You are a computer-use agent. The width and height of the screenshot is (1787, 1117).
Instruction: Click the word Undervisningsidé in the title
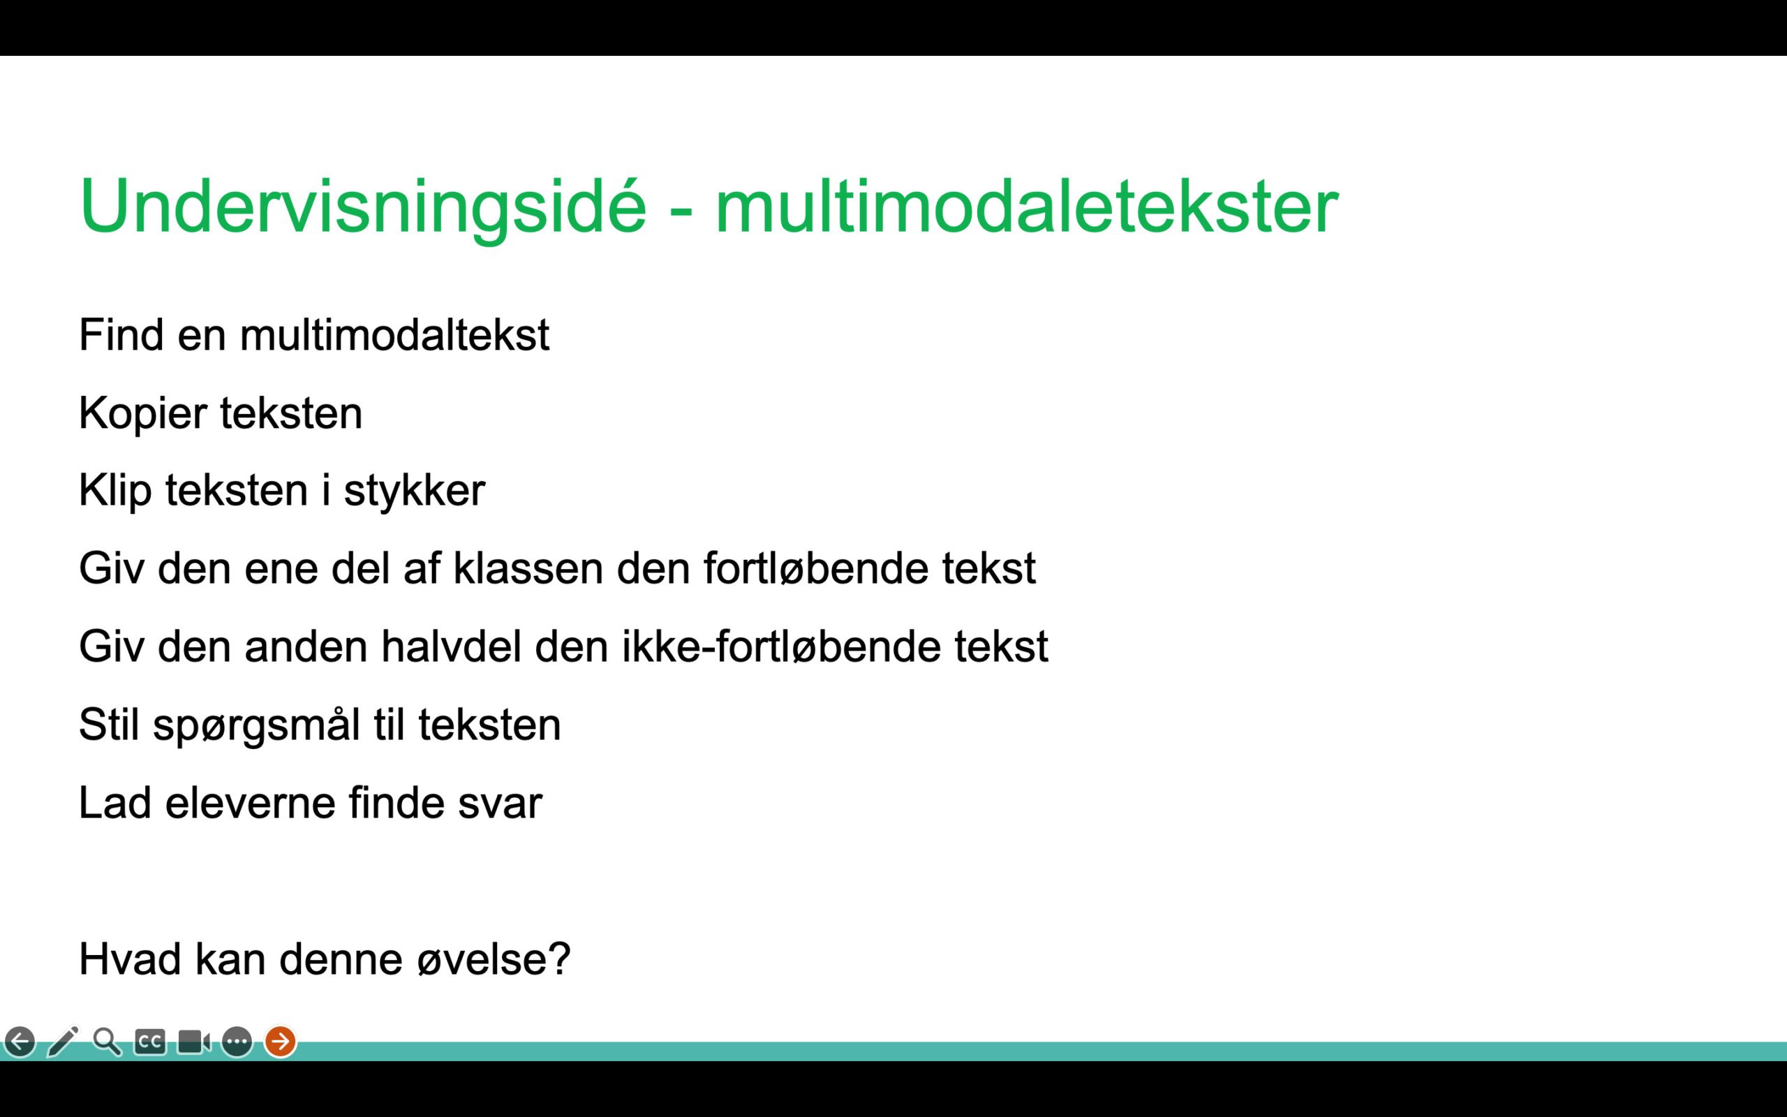click(x=362, y=207)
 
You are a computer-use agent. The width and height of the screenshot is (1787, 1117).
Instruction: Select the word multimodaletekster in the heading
click(x=1026, y=206)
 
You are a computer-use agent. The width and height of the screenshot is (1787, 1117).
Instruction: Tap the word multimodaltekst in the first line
click(x=394, y=334)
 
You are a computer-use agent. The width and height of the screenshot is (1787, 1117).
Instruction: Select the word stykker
click(x=414, y=491)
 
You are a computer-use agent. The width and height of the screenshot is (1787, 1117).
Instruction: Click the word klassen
click(x=528, y=568)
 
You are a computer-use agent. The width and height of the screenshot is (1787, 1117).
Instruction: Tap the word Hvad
click(x=130, y=960)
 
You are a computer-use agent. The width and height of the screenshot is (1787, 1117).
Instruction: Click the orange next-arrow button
click(x=281, y=1042)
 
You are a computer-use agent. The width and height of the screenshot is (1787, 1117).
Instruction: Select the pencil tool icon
click(x=63, y=1042)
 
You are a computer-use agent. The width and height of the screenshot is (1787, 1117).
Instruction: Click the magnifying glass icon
click(x=107, y=1042)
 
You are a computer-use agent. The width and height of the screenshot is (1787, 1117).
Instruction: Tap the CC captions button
click(x=150, y=1042)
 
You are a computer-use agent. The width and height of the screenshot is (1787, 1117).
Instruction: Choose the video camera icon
click(x=194, y=1042)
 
